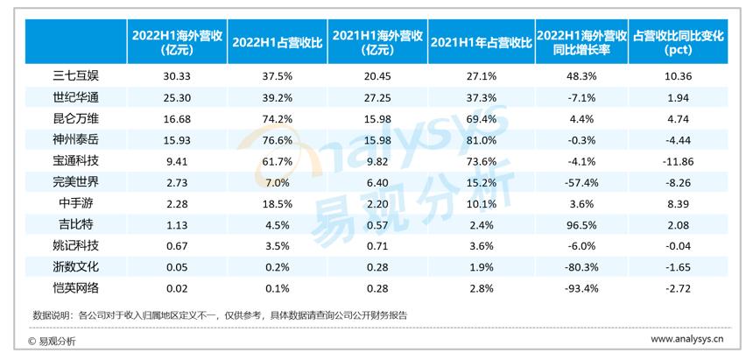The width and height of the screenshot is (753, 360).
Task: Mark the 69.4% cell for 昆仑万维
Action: (478, 118)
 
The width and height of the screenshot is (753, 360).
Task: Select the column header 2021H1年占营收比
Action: (478, 41)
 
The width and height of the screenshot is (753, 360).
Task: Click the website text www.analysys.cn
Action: (686, 341)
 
